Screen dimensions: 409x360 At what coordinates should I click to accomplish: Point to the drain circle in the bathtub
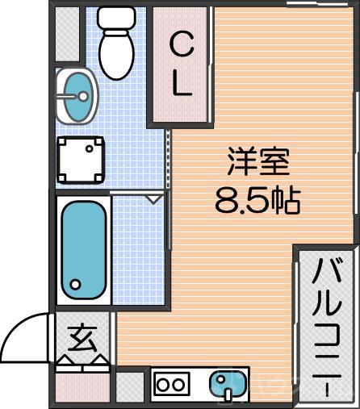coord(76,284)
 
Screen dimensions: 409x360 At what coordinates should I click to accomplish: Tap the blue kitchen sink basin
coord(228,383)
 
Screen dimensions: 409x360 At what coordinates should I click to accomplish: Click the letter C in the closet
coord(182,47)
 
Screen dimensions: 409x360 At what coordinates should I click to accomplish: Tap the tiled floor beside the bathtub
coord(138,250)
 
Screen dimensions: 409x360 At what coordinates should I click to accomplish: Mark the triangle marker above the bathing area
coord(153,197)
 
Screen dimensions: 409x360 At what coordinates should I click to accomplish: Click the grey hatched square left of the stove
coord(129,386)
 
